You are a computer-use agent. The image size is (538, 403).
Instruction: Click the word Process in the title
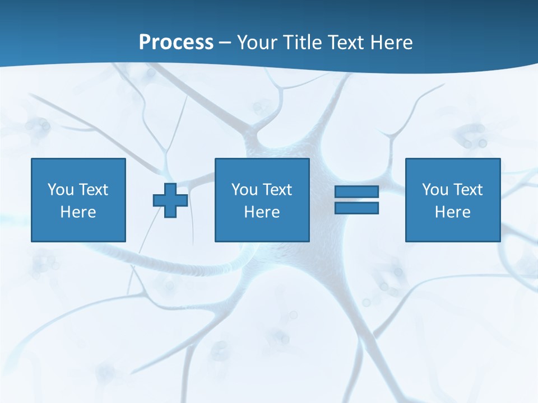coord(176,43)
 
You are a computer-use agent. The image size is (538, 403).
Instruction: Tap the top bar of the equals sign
coord(356,192)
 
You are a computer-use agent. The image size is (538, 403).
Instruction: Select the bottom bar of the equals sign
coord(356,208)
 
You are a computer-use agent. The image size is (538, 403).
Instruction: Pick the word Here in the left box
coord(78,212)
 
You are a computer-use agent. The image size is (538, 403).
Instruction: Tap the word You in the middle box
coord(244,190)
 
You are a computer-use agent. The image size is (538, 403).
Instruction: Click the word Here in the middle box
coord(262,212)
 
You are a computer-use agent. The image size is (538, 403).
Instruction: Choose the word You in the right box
coord(435,190)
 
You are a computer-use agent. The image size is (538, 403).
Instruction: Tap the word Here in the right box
coord(452,212)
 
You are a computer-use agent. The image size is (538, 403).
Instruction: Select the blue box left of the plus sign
coord(78,229)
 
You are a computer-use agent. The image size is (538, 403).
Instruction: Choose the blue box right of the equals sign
coord(453,229)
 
